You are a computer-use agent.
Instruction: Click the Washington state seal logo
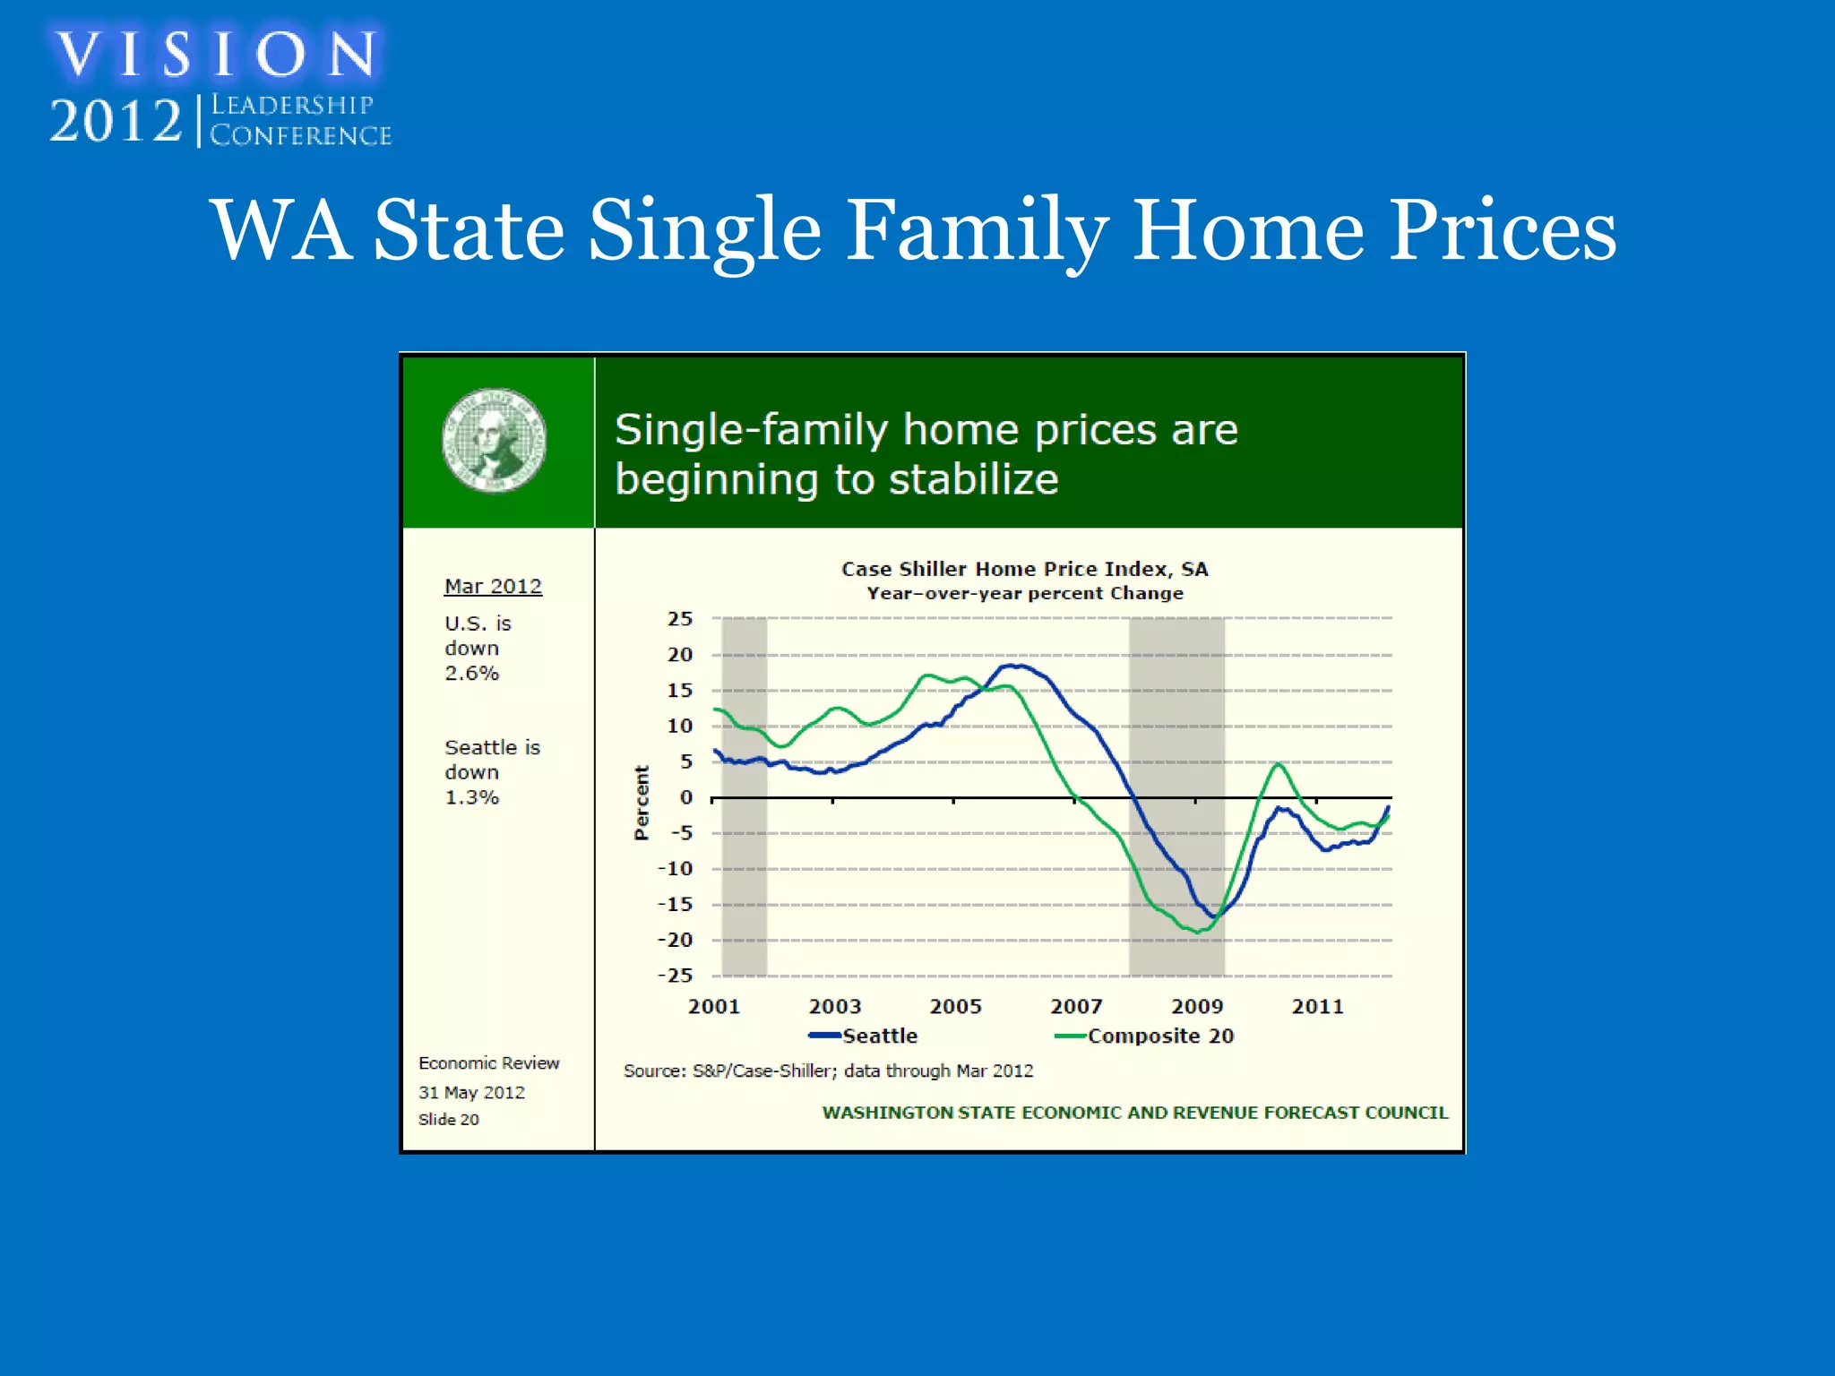click(494, 440)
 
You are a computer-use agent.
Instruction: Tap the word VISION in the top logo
click(215, 54)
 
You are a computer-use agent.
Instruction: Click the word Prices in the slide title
click(1503, 230)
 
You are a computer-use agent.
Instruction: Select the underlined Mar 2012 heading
click(493, 586)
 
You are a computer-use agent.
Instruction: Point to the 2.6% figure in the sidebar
click(471, 673)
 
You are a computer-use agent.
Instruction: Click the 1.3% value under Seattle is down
click(471, 797)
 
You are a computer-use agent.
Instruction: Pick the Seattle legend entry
click(865, 1036)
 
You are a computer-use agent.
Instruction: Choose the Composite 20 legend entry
click(1147, 1036)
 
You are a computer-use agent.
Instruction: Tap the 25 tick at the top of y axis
click(680, 619)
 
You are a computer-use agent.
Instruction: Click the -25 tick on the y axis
click(676, 976)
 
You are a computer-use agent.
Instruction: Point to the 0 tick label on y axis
click(686, 797)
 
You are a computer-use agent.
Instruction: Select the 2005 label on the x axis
click(955, 1006)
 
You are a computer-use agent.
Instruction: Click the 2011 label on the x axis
click(1317, 1006)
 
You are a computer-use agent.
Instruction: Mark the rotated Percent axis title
click(642, 803)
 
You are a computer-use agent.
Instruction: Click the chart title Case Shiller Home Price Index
click(1024, 569)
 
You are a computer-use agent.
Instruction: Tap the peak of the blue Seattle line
click(1014, 666)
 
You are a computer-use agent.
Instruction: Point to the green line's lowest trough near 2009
click(1197, 932)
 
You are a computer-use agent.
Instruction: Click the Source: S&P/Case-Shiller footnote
click(828, 1071)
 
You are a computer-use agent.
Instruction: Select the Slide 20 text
click(448, 1120)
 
